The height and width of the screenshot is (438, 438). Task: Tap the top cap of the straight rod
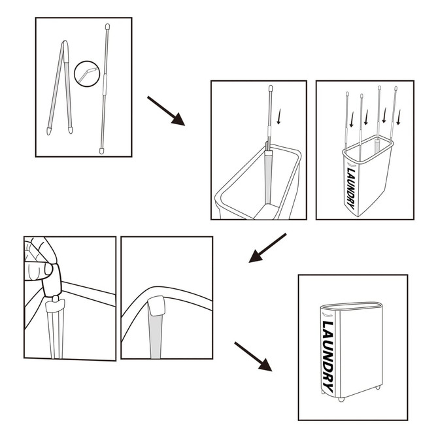coord(107,27)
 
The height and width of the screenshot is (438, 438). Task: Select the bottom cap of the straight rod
coord(101,150)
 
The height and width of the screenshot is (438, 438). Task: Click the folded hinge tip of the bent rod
coord(64,45)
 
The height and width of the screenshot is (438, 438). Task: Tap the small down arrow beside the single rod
coord(280,117)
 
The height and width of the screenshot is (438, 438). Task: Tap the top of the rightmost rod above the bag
coord(396,89)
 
